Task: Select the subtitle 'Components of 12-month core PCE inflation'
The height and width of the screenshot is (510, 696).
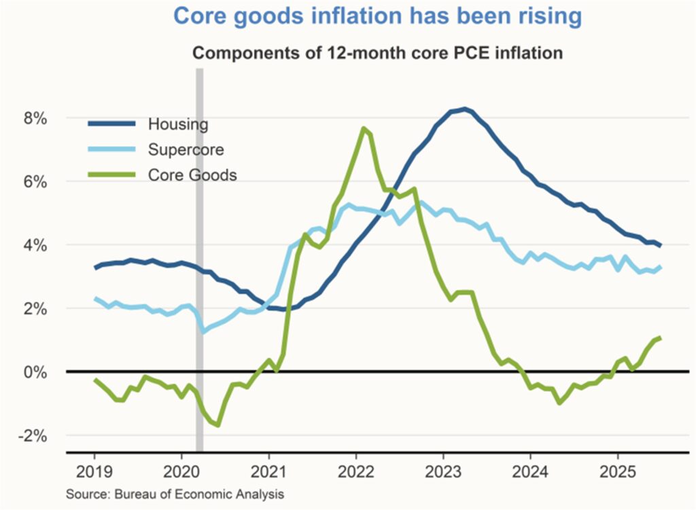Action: tap(378, 53)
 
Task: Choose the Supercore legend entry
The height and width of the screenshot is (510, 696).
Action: tap(186, 149)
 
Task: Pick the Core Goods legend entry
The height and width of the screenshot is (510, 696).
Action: tap(192, 175)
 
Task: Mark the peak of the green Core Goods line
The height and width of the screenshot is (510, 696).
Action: tap(364, 128)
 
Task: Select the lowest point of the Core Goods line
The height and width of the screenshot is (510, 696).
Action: tap(217, 425)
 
